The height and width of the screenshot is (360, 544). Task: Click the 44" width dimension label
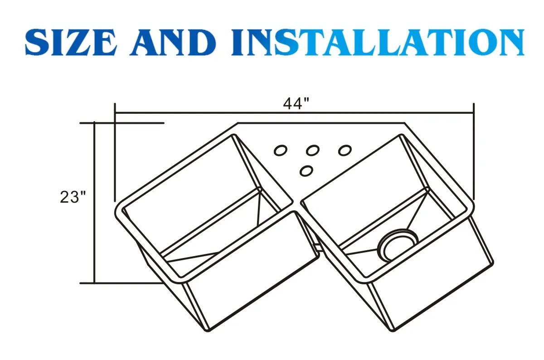[296, 104]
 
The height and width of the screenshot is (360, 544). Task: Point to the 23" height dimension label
[73, 198]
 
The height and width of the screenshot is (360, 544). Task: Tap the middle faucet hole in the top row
[312, 150]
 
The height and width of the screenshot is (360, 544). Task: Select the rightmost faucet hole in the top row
[345, 150]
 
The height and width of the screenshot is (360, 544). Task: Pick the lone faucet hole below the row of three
[307, 171]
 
